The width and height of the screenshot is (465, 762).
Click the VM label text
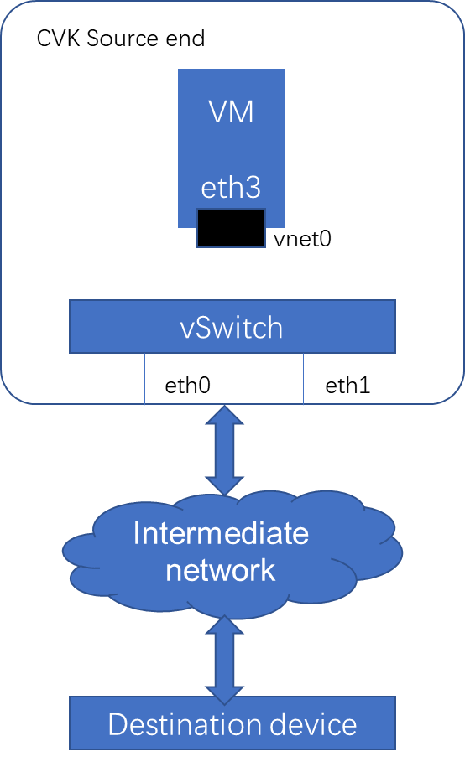231,112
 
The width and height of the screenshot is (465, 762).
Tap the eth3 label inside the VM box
231,188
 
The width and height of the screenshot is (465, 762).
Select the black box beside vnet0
231,228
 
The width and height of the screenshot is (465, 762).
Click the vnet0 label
302,239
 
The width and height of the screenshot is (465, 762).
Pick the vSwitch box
232,327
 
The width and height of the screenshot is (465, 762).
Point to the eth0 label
188,386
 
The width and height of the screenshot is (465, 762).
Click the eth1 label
347,386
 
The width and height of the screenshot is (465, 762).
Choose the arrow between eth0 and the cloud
224,450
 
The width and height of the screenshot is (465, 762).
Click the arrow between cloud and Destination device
224,660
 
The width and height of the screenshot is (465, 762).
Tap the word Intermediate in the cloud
221,533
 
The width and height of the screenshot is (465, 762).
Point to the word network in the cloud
221,569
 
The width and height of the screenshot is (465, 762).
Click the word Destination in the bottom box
185,724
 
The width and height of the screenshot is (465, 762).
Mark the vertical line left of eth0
145,379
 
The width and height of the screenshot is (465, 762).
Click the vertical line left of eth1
304,379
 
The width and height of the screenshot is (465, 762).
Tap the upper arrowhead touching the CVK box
224,415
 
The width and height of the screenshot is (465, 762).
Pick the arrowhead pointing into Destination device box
224,695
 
